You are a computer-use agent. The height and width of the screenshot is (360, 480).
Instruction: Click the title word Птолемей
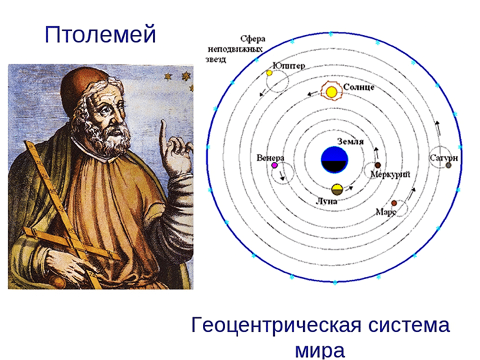point(100,34)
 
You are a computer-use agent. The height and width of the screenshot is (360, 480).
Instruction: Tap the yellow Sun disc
point(332,92)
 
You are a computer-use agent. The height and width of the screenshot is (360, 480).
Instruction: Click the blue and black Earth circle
point(335,159)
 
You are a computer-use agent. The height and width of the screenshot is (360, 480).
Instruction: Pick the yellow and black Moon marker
point(337,189)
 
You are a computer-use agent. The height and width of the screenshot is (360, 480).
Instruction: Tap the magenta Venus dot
point(275,166)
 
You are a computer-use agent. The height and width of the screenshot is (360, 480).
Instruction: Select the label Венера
point(271,158)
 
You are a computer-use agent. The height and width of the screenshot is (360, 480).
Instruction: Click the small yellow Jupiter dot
point(269,73)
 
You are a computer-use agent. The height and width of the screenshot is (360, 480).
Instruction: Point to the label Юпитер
point(289,66)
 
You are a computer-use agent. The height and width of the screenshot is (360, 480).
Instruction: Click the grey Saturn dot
point(449,165)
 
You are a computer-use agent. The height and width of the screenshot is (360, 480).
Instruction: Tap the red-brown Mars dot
point(394,203)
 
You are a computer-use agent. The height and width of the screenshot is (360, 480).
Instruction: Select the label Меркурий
point(390,175)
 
